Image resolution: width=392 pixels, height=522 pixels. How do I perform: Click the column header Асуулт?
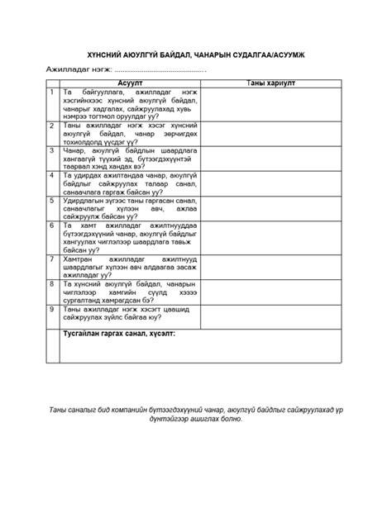130,83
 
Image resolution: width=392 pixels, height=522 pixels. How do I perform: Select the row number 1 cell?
52,91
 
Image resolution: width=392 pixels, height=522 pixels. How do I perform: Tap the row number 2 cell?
52,125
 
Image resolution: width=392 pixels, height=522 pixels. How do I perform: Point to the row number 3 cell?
52,150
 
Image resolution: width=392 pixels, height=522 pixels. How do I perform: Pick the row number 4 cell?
52,175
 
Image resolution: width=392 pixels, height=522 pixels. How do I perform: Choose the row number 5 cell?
52,200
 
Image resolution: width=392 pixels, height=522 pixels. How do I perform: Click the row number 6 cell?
52,225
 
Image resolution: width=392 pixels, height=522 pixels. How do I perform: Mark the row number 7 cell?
52,258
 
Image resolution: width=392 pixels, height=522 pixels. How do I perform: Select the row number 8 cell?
52,282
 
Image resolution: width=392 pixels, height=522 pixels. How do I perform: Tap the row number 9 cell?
52,307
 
